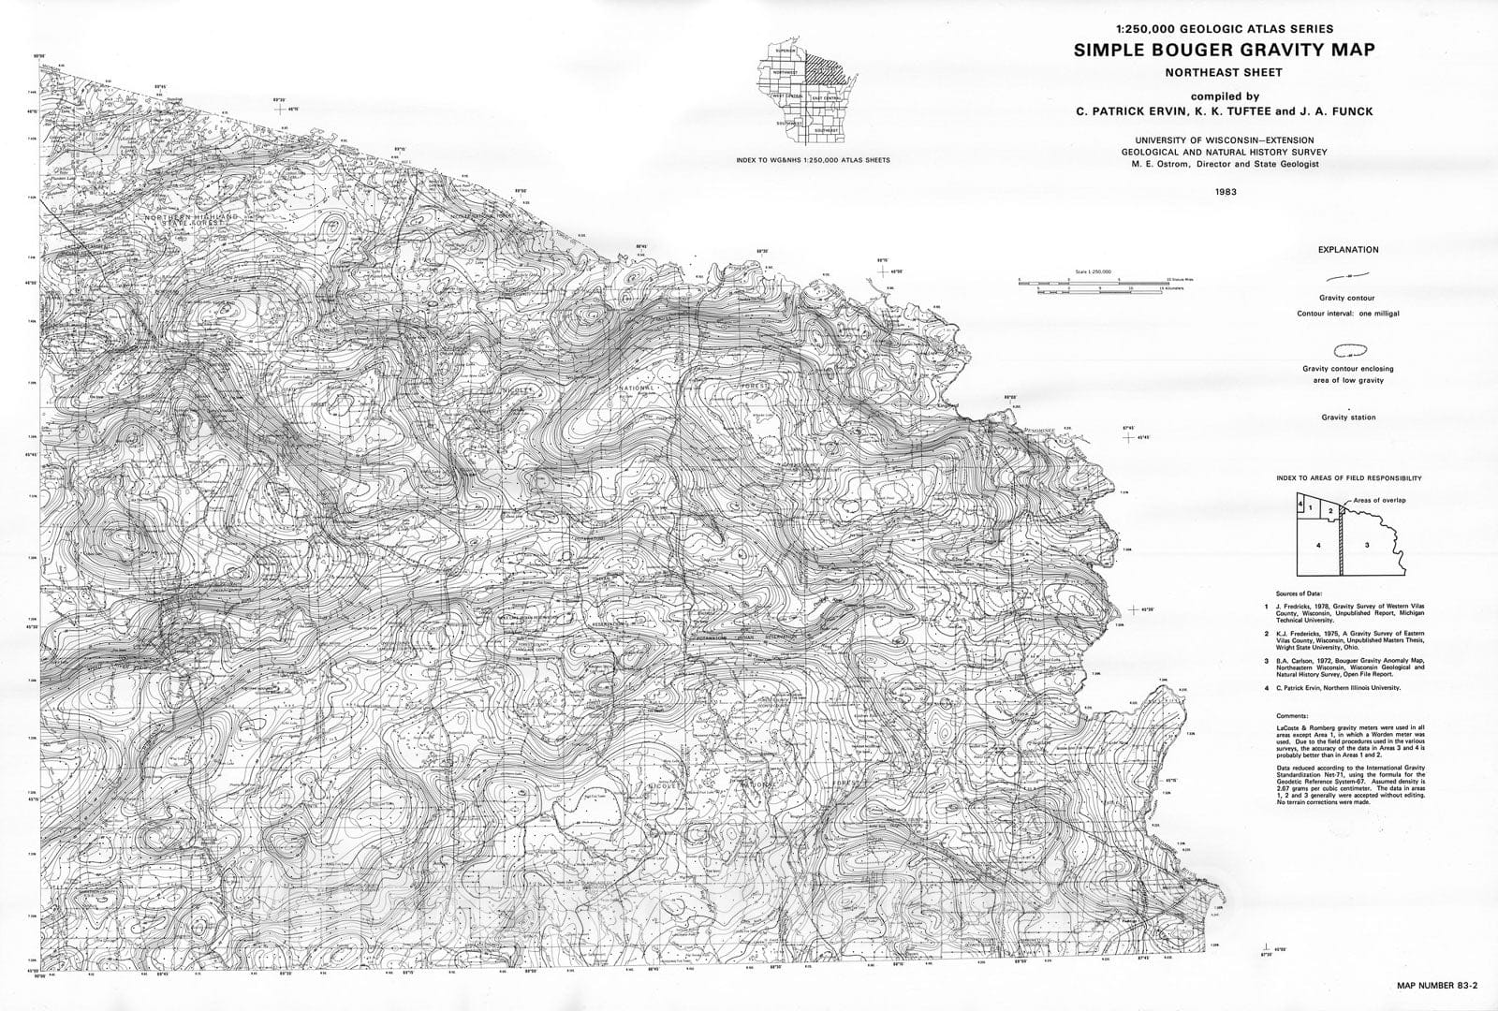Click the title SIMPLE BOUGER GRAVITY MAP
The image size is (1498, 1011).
click(1225, 51)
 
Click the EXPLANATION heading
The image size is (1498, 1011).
click(1347, 250)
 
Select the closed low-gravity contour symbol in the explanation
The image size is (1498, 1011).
click(1347, 351)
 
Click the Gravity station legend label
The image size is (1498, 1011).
click(1348, 418)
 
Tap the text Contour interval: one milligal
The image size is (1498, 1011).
click(1348, 314)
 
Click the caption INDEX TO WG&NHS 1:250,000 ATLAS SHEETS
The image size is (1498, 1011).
click(813, 160)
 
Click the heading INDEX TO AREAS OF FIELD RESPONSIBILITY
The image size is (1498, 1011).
click(1348, 478)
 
